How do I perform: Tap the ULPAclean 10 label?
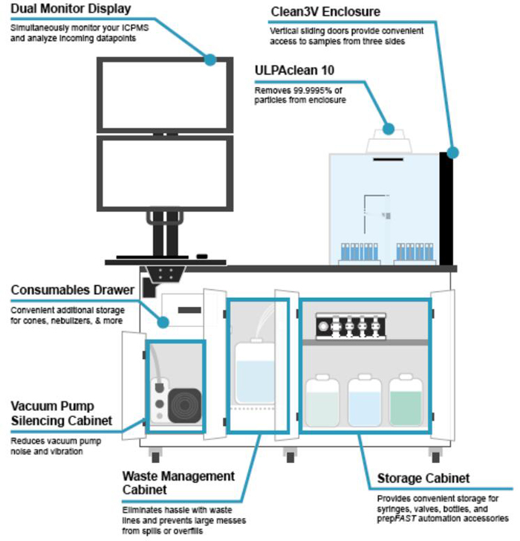[x=296, y=73]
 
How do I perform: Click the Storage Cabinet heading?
[x=423, y=478]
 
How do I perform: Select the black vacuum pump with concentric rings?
[x=183, y=406]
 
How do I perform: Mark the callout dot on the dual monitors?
[x=211, y=59]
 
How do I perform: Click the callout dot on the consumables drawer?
[x=161, y=321]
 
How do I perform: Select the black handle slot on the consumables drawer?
[x=189, y=308]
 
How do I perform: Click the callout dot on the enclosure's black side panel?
[x=453, y=152]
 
